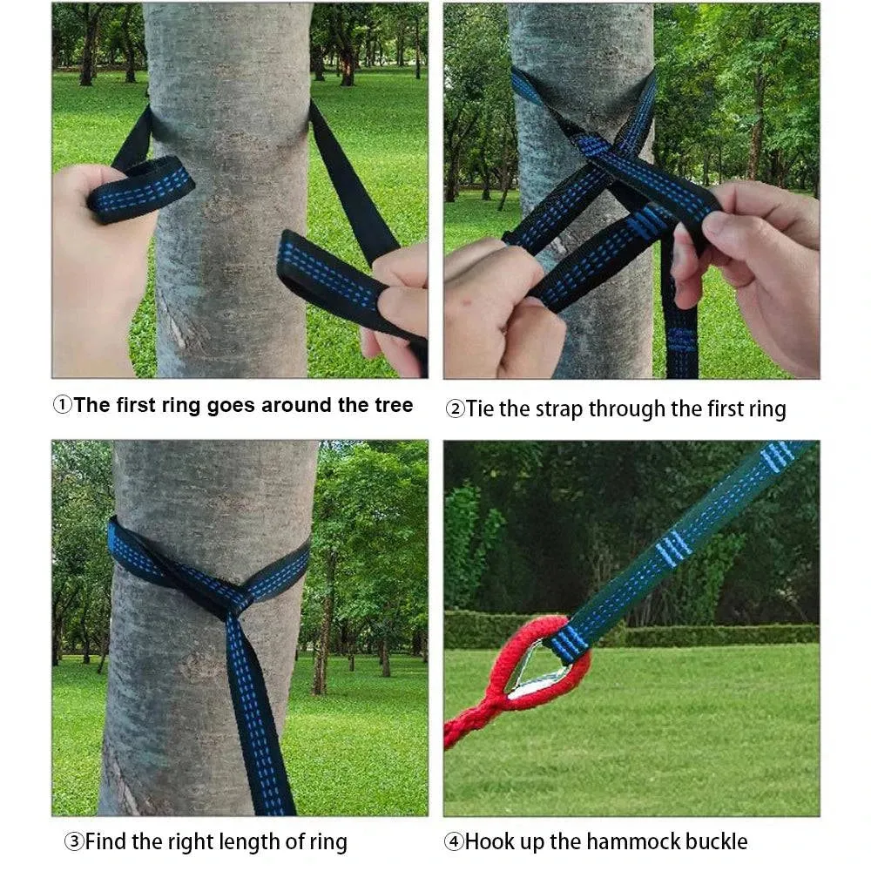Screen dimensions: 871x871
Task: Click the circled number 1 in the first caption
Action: click(x=63, y=406)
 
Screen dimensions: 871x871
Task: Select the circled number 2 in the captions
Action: click(x=455, y=408)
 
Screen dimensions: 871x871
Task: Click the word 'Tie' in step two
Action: click(x=480, y=408)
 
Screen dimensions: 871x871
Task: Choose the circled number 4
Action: click(x=454, y=841)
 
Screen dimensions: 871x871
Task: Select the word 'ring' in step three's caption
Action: click(x=328, y=842)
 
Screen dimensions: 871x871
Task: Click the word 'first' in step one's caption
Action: click(x=138, y=406)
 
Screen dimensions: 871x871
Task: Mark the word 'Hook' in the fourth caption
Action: click(x=488, y=841)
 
